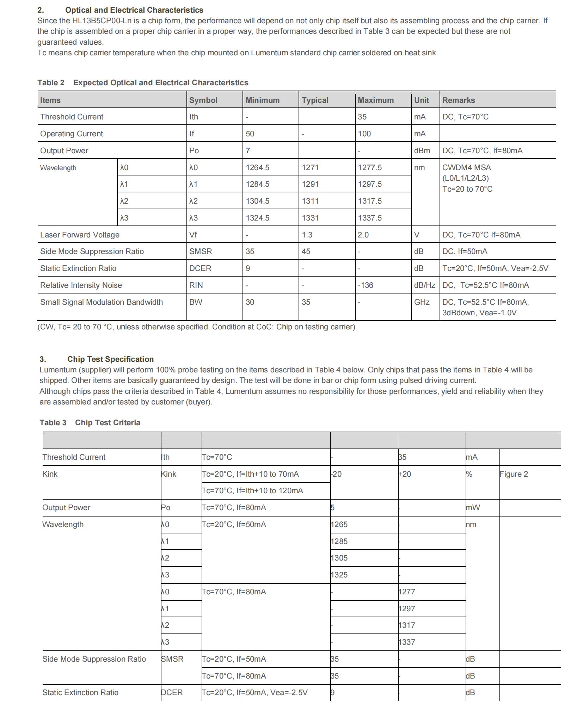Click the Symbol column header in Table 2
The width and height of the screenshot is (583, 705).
pos(203,100)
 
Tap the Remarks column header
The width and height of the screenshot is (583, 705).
pos(458,100)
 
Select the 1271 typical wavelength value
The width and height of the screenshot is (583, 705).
pos(310,167)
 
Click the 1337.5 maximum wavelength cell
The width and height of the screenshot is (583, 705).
pos(369,218)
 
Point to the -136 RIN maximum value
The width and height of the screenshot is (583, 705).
pos(365,285)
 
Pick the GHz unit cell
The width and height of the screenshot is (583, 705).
pos(422,302)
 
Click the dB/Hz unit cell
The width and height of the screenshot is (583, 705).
pos(424,285)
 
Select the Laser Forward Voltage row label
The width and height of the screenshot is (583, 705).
pos(80,235)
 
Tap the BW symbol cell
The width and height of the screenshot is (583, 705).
pos(196,302)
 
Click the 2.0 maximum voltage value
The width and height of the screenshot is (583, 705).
pos(363,235)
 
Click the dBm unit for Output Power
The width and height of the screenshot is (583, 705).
pos(422,150)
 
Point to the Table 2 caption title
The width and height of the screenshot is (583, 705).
pos(143,82)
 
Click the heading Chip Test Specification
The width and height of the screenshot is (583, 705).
pos(110,359)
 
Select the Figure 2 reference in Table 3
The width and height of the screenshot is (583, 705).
pos(514,474)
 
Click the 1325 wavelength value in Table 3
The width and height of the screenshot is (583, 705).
pos(339,575)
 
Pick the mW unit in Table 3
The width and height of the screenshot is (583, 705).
pos(473,507)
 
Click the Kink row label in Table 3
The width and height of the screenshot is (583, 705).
pos(50,474)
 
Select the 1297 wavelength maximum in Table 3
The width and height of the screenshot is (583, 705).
pos(407,608)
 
